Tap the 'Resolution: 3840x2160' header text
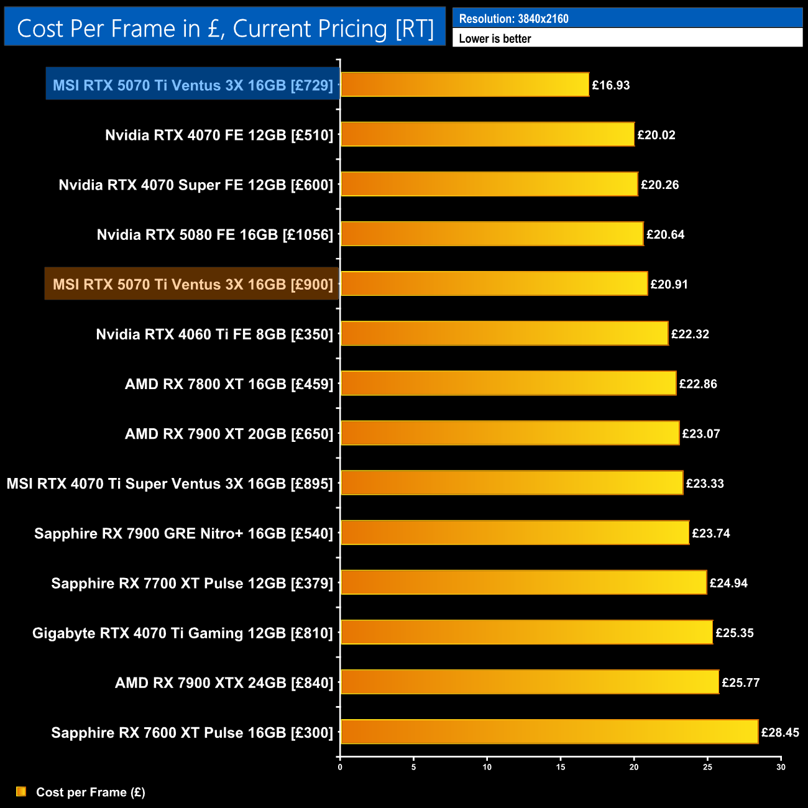coord(513,19)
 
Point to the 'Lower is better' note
coord(495,39)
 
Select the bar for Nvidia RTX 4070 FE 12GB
coord(487,134)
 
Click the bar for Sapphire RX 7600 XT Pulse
coord(549,732)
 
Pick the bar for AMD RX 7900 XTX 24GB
coord(530,682)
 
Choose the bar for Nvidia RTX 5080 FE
coord(492,234)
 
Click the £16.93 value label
coord(610,85)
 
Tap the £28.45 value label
coord(780,732)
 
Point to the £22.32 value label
coord(690,334)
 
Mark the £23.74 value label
coord(711,533)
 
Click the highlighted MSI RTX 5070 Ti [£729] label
coord(193,85)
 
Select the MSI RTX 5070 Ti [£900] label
coord(193,284)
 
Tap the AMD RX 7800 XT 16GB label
coord(229,384)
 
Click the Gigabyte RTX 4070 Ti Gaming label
coord(183,633)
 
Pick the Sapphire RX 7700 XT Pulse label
coord(192,583)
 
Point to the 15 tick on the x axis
coord(561,767)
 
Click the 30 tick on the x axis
coord(781,767)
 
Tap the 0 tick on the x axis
coord(340,767)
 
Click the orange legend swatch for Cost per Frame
coord(21,791)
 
